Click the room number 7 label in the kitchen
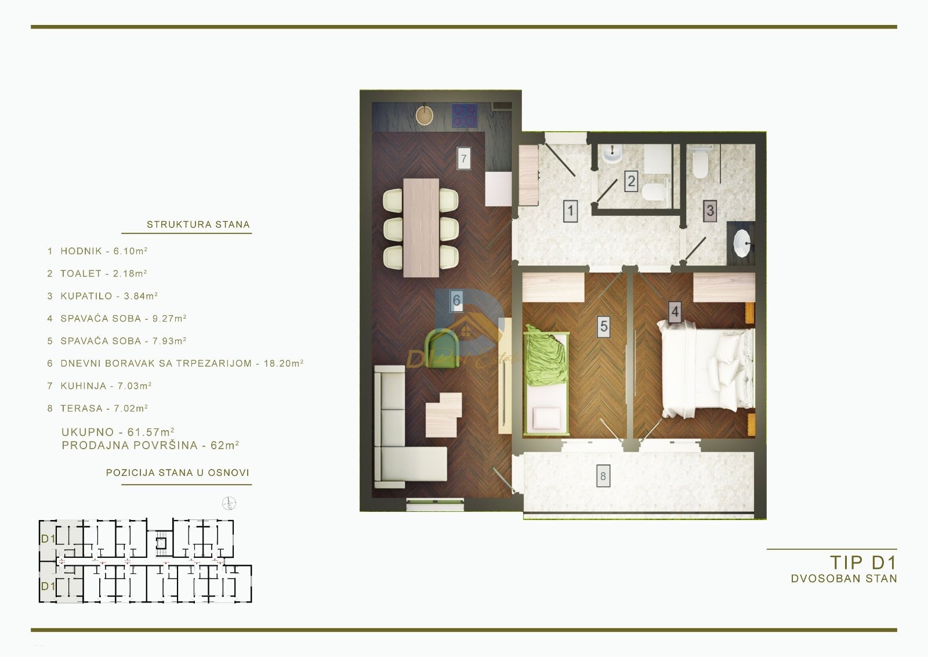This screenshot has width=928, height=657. pos(463,158)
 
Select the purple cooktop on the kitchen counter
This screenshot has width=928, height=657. pos(464,115)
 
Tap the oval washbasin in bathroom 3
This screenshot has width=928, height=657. pos(742,243)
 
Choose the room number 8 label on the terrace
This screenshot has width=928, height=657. pos(603,476)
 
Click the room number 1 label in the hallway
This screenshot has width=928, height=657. pos(571,210)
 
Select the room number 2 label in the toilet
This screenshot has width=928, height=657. pos(631,181)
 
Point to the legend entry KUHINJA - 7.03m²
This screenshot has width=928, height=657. pos(99,386)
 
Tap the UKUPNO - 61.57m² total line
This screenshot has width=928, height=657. pos(118,432)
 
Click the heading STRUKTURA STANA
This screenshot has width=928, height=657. pos(198,225)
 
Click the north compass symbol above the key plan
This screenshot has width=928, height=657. pos(230,503)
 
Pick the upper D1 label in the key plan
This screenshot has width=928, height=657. pos(48,539)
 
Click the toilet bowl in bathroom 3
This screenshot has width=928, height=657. pos(700,165)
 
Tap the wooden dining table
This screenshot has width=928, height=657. pos(421,228)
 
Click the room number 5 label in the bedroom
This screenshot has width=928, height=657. pos(604,327)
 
